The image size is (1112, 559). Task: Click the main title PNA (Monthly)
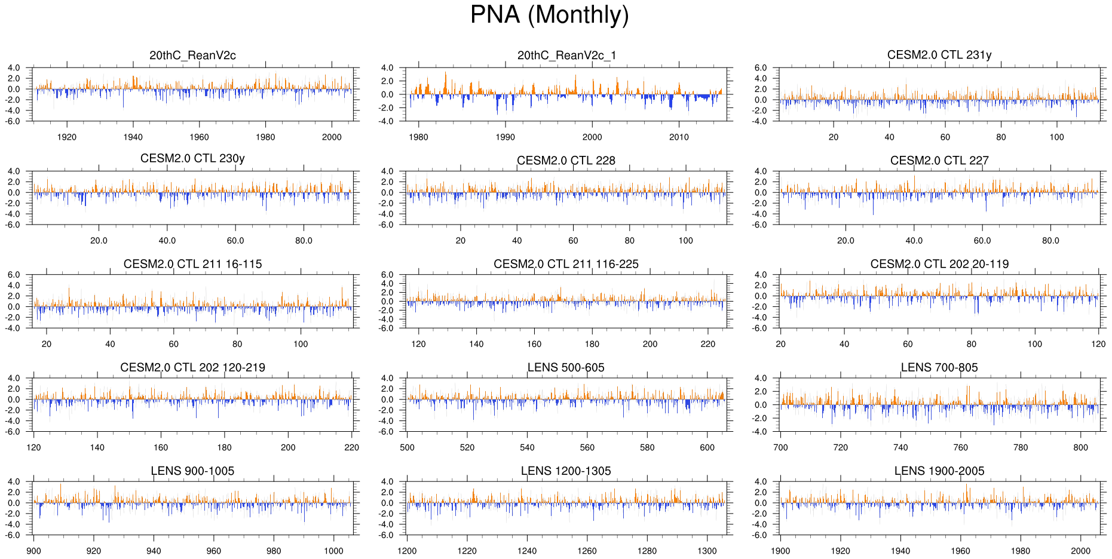click(x=549, y=15)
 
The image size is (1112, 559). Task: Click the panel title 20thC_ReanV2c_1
click(x=566, y=56)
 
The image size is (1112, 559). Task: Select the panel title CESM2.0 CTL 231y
click(x=939, y=55)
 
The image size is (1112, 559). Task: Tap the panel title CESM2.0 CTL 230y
click(x=192, y=158)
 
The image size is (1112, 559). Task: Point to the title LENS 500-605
click(x=566, y=367)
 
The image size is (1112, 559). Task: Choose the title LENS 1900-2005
click(x=939, y=471)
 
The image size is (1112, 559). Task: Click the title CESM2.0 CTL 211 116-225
click(x=566, y=264)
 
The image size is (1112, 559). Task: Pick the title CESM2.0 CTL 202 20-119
click(x=939, y=264)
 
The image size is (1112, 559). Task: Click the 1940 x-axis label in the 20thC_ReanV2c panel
click(x=133, y=137)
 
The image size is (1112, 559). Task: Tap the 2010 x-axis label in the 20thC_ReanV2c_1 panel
click(x=679, y=137)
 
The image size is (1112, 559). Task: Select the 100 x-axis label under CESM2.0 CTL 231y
click(x=1056, y=137)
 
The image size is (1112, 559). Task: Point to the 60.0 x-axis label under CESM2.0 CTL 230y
click(x=235, y=241)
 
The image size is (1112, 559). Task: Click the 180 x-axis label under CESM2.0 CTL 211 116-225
click(x=592, y=344)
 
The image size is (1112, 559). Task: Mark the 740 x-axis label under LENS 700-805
click(x=900, y=447)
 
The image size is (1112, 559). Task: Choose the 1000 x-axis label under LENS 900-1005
click(x=333, y=551)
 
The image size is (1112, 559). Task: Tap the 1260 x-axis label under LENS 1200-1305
click(x=587, y=551)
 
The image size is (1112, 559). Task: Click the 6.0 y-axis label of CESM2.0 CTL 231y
click(x=760, y=68)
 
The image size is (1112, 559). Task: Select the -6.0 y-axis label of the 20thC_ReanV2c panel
click(x=13, y=121)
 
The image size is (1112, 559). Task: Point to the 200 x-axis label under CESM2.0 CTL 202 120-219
click(x=288, y=447)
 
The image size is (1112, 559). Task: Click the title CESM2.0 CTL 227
click(x=939, y=161)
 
